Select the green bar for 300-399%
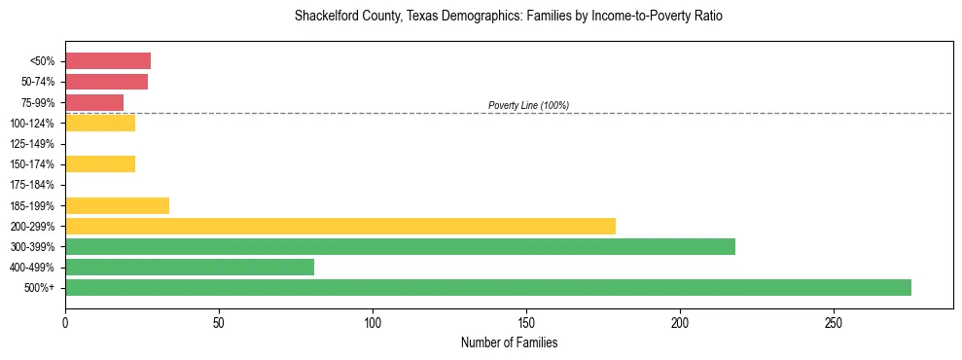(400, 246)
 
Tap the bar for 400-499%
(190, 267)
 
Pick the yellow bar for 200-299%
(340, 226)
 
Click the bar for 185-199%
(117, 205)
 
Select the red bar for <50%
(108, 61)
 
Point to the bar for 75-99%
(94, 102)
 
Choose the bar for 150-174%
(100, 163)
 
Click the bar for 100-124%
(100, 123)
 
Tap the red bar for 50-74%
(106, 82)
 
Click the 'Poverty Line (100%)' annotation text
(528, 105)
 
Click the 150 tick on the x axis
(526, 320)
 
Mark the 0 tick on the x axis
(65, 320)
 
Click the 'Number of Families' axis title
(509, 342)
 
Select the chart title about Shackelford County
(509, 17)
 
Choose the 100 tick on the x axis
(373, 320)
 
